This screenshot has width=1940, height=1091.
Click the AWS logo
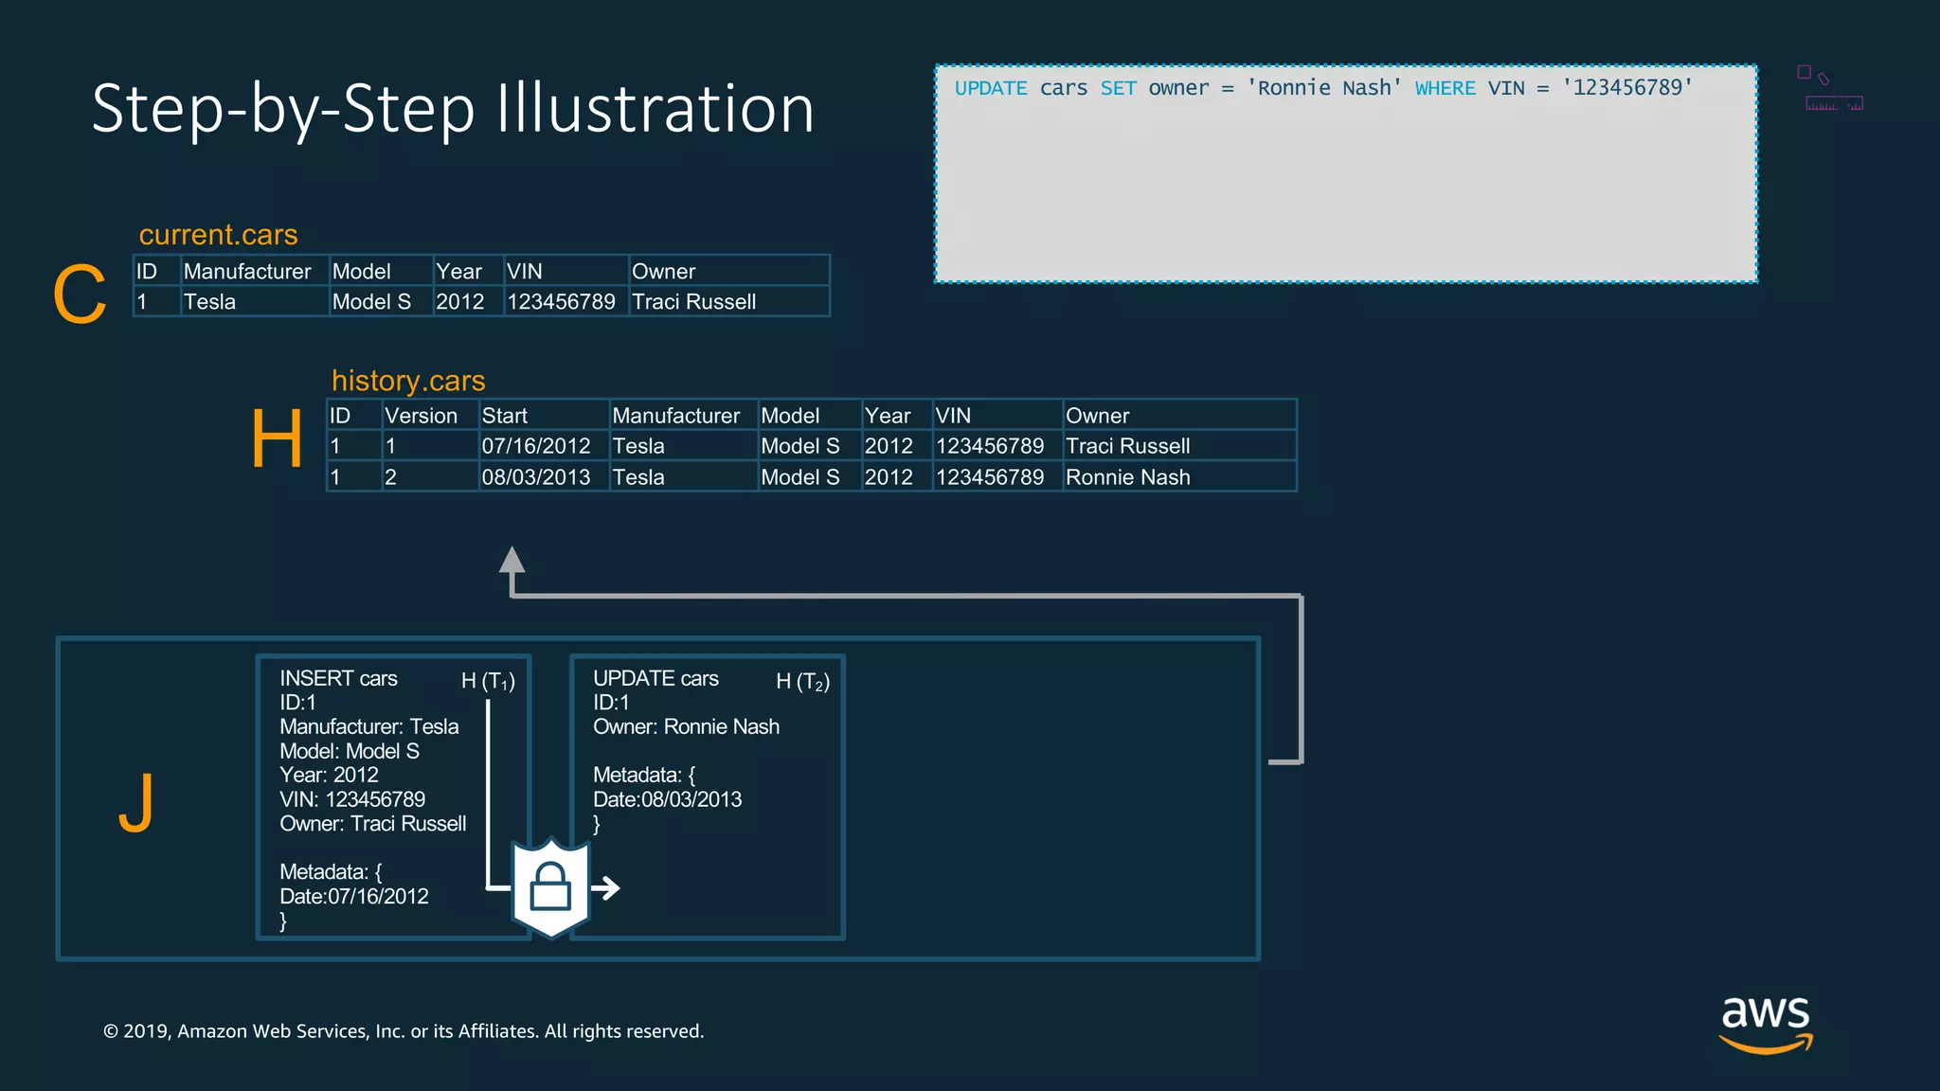coord(1766,1023)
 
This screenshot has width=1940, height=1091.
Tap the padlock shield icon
coord(550,886)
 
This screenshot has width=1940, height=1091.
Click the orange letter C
coord(80,295)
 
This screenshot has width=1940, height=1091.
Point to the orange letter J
coord(136,802)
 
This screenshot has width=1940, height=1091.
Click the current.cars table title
coord(218,234)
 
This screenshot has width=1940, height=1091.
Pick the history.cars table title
coord(408,380)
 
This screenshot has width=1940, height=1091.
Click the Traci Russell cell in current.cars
coord(694,302)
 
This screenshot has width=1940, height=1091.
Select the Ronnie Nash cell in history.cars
coord(1127,477)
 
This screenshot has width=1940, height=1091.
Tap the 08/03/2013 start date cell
coord(536,477)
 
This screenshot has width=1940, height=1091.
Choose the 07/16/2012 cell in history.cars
coord(536,446)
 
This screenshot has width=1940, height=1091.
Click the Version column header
coord(421,416)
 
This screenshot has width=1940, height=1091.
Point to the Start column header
coord(505,416)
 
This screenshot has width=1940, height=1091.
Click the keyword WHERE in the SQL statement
coord(1445,88)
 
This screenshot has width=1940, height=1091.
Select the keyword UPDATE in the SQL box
coord(991,88)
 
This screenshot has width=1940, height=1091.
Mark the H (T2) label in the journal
coord(802,681)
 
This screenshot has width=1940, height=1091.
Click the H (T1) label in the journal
coord(488,681)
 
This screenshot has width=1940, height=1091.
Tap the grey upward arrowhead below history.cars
coord(512,560)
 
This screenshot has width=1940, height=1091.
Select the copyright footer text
coord(404,1031)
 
